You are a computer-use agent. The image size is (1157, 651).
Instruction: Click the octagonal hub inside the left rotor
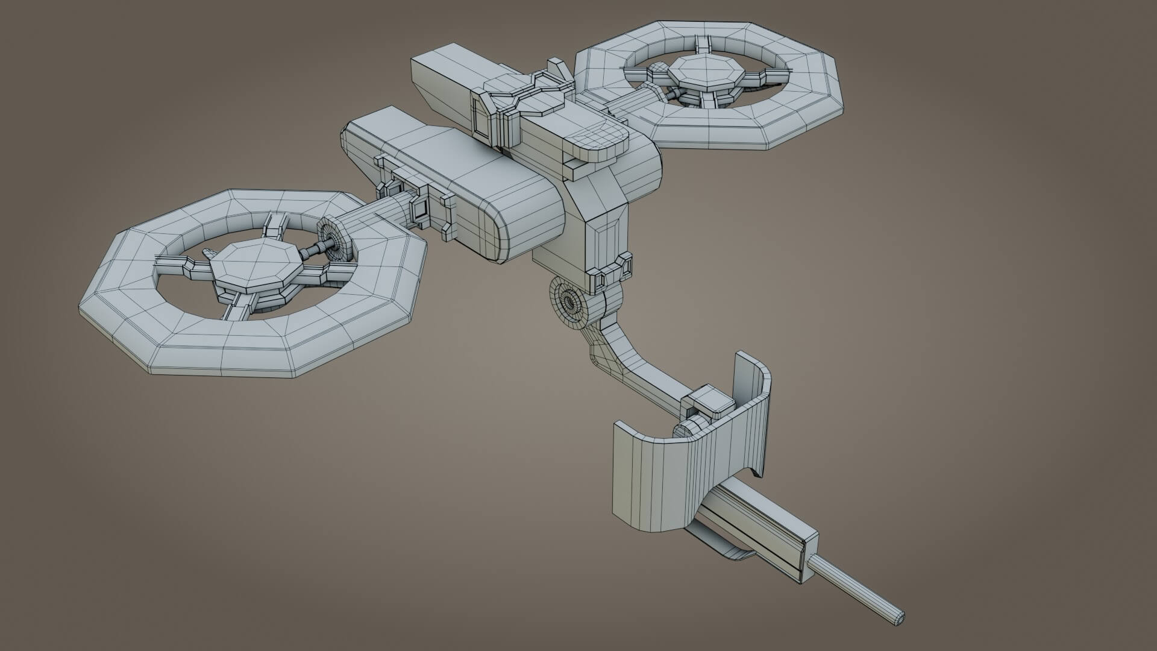tap(253, 265)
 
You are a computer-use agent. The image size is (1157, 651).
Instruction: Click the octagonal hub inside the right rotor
tap(704, 72)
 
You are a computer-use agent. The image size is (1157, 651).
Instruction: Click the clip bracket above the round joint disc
tap(612, 271)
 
